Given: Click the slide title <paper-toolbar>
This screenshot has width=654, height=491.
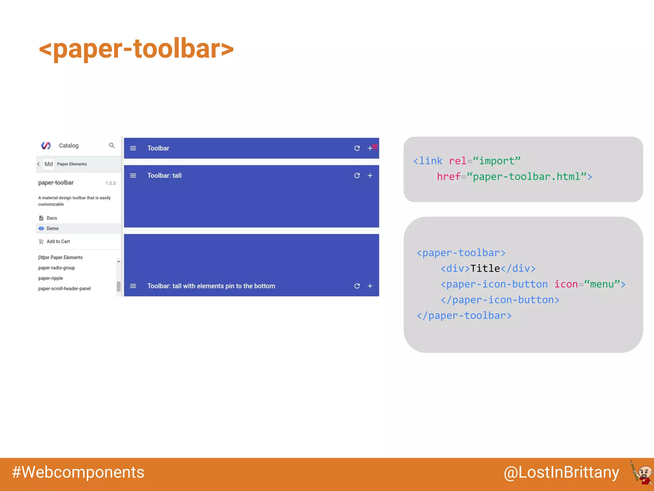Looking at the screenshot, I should tap(136, 49).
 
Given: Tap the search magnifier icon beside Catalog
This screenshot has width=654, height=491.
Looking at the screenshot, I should tap(112, 145).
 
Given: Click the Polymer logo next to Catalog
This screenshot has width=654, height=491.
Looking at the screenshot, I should tap(46, 145).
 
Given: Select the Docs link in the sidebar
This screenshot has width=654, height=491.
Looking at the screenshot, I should tap(51, 218).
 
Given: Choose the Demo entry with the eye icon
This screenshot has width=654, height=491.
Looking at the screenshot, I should tap(52, 229).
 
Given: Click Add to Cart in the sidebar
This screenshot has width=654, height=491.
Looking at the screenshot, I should tap(58, 242).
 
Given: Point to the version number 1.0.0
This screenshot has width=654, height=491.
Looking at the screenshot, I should tap(110, 183).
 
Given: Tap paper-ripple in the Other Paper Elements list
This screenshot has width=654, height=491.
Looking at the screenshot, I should tap(50, 278).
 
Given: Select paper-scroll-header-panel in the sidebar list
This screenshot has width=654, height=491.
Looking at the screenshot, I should tap(64, 289).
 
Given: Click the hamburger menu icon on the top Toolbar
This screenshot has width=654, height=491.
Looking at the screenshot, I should tap(133, 148).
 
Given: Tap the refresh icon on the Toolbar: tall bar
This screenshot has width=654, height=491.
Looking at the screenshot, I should tap(357, 175).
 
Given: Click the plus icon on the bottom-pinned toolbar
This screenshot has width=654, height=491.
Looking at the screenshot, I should tap(370, 286).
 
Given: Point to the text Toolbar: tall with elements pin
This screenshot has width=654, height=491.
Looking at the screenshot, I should tap(211, 286).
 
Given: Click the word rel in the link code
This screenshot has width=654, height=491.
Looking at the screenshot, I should tap(457, 161).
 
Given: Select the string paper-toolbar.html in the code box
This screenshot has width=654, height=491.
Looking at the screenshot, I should tap(526, 176).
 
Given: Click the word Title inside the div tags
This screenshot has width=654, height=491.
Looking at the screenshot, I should tap(485, 269).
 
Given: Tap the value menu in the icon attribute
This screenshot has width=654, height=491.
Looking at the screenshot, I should tap(602, 284).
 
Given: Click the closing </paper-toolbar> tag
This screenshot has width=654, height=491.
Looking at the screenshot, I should tap(464, 316).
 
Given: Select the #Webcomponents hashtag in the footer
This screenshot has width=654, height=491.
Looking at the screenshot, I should tap(78, 472).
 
